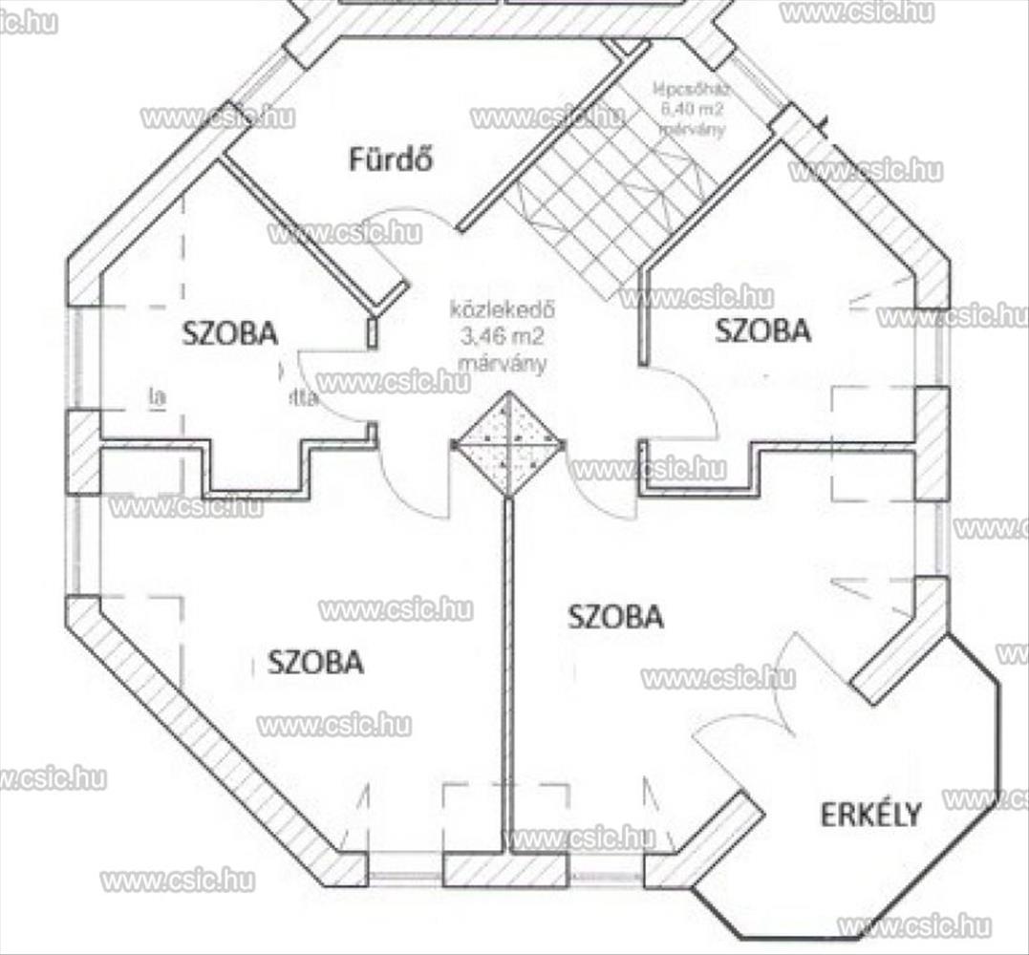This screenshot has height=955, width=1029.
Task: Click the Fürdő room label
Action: pyautogui.click(x=389, y=159)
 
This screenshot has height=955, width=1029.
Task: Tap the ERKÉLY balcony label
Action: pyautogui.click(x=871, y=815)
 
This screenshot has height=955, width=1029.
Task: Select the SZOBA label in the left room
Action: pyautogui.click(x=230, y=333)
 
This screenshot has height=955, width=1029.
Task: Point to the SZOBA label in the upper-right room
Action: pyautogui.click(x=762, y=330)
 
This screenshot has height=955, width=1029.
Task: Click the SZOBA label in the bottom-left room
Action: pyautogui.click(x=315, y=662)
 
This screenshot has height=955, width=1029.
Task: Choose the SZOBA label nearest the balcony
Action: pyautogui.click(x=615, y=617)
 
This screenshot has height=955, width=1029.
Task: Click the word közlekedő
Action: pyautogui.click(x=503, y=312)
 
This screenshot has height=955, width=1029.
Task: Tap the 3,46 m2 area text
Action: pyautogui.click(x=503, y=337)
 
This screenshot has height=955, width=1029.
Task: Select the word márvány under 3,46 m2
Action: pyautogui.click(x=503, y=363)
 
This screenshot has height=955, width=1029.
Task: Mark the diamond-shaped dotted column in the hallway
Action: pyautogui.click(x=508, y=444)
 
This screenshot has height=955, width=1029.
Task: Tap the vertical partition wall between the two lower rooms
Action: pyautogui.click(x=508, y=668)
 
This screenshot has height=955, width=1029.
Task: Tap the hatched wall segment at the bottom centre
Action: pyautogui.click(x=505, y=869)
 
